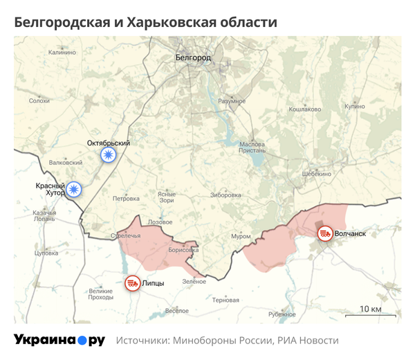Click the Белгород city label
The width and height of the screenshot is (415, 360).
tap(193, 57)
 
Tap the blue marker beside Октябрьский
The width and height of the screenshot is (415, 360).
tap(108, 155)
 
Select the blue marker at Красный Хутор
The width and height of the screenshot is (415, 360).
tap(74, 188)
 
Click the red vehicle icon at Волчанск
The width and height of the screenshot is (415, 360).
tap(324, 234)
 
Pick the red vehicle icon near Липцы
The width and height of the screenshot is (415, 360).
tap(131, 282)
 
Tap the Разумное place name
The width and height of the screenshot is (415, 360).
tap(232, 101)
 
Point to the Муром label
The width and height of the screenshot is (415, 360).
tap(241, 236)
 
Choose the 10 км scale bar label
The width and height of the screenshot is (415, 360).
tap(371, 308)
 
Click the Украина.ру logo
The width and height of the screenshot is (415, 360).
tap(59, 341)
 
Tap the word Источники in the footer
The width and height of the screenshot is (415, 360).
tap(142, 341)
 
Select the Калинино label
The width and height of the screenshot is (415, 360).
tap(62, 52)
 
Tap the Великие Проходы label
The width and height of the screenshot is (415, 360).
tap(101, 294)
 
